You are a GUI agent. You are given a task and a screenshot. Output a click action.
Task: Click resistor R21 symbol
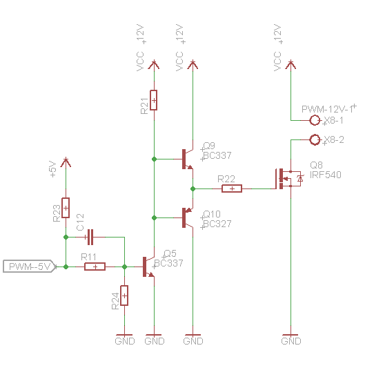click(x=153, y=101)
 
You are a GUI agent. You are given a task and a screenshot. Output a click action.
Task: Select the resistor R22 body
click(x=232, y=188)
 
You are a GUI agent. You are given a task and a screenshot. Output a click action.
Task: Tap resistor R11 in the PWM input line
click(x=95, y=267)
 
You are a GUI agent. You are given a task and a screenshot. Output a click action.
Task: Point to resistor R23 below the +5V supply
click(x=66, y=207)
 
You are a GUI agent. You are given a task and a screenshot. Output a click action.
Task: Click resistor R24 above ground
click(x=124, y=296)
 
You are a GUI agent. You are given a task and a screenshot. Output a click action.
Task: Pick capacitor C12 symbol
click(x=90, y=238)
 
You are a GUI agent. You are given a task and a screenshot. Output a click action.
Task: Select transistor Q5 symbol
click(x=148, y=267)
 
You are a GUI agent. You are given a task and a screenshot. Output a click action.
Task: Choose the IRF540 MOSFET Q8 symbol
click(x=286, y=178)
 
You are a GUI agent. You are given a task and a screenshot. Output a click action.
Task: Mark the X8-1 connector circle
click(x=315, y=120)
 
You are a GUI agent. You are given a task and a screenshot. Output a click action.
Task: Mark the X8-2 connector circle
click(x=315, y=140)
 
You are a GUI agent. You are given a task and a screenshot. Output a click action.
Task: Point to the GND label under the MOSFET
click(x=291, y=340)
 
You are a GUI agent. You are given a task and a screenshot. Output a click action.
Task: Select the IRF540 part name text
click(x=325, y=175)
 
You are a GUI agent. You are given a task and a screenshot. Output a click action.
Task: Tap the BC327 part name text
click(x=217, y=224)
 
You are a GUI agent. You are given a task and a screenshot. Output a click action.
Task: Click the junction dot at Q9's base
click(x=153, y=159)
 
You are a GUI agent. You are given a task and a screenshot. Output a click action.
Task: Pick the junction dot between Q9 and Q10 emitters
click(x=193, y=188)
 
